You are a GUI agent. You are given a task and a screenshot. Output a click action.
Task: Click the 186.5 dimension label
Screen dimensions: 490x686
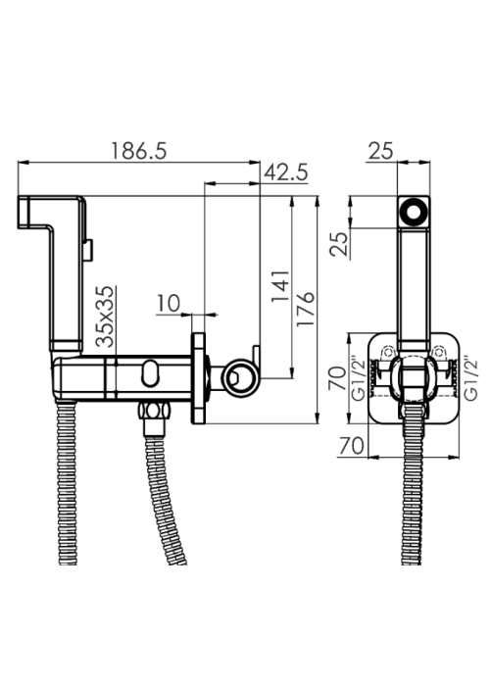pos(139,151)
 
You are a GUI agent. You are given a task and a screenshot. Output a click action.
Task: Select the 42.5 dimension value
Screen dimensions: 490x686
pos(286,172)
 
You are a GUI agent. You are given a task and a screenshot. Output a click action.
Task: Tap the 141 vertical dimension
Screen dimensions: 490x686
pos(281,286)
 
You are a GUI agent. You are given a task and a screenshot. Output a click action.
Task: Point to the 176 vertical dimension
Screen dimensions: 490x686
pos(306,309)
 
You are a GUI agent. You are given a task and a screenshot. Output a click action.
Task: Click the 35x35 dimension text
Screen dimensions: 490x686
pos(105,317)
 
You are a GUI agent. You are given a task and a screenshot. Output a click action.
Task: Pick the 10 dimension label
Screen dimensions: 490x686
pos(169,303)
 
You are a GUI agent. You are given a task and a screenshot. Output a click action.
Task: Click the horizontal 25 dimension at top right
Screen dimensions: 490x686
pos(380,151)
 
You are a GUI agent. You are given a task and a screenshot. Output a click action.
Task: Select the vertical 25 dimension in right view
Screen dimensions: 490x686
pos(339,243)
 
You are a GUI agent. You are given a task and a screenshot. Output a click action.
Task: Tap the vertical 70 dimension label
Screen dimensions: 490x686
pos(338,379)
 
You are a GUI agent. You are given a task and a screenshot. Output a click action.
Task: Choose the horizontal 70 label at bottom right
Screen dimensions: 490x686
pos(351,446)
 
